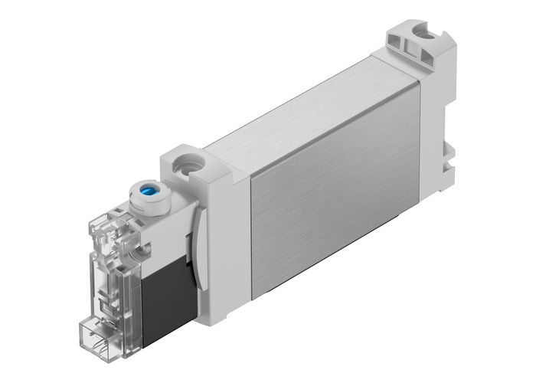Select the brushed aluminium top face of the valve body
click(x=299, y=107)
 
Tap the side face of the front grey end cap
click(x=230, y=245)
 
